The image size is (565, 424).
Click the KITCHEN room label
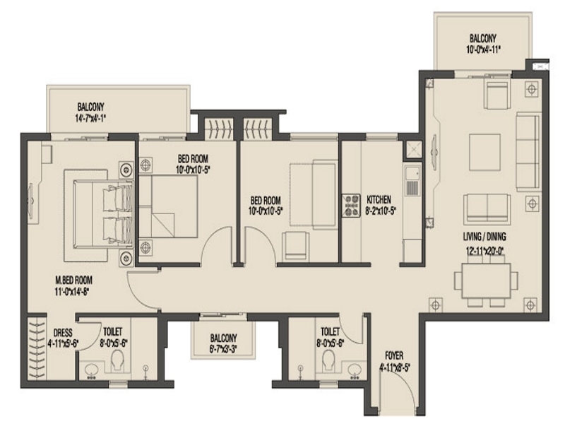click(x=379, y=199)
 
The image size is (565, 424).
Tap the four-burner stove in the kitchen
click(x=351, y=206)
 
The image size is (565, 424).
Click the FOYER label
click(x=394, y=355)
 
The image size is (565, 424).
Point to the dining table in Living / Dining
click(x=486, y=281)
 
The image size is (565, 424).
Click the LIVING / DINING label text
click(x=484, y=237)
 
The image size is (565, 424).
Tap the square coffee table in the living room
click(x=484, y=152)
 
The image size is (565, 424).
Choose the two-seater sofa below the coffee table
click(x=487, y=208)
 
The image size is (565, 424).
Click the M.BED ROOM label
click(x=73, y=280)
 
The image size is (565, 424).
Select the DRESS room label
click(x=63, y=333)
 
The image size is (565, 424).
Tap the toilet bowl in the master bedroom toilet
click(x=117, y=360)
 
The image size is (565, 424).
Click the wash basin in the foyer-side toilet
click(x=355, y=370)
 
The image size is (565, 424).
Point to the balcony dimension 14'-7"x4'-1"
click(x=90, y=118)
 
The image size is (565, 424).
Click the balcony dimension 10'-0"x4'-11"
click(x=482, y=49)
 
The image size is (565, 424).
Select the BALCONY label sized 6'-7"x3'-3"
click(x=223, y=338)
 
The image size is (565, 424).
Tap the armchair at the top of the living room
click(x=497, y=95)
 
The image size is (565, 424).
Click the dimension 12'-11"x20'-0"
click(x=484, y=250)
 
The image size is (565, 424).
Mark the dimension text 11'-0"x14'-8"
click(x=72, y=291)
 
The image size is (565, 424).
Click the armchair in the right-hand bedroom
click(x=296, y=245)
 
